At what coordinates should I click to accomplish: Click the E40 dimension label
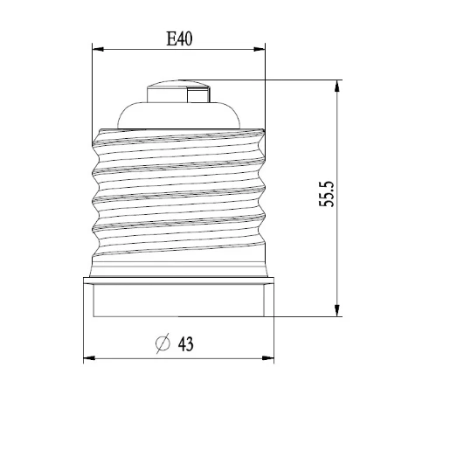tap(179, 38)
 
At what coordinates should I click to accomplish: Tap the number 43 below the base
tap(184, 343)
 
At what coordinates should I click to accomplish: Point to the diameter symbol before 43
tap(162, 343)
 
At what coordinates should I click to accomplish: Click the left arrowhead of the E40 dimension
tap(97, 51)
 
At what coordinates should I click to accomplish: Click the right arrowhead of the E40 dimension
tap(263, 51)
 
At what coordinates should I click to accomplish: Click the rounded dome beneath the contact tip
tap(179, 114)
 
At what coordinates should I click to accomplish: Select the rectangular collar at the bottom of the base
tap(180, 297)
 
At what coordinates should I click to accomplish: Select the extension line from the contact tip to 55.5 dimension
tap(280, 81)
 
